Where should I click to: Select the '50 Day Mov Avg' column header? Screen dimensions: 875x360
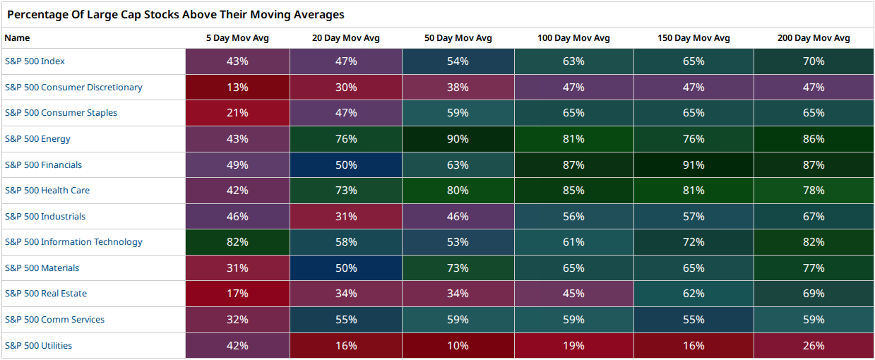[458, 38]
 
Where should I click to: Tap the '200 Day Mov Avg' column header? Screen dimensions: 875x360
[814, 38]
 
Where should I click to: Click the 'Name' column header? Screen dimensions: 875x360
[17, 38]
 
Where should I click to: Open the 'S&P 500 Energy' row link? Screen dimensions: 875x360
[37, 139]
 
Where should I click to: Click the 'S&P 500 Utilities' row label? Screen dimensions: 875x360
[38, 346]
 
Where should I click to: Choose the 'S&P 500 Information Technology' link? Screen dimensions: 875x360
[73, 242]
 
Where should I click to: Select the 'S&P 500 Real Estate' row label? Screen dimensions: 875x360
[46, 294]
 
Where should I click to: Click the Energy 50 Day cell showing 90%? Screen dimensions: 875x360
[458, 139]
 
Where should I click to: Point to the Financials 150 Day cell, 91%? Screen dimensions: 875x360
[694, 164]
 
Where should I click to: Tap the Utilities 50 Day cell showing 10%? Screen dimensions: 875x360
[458, 346]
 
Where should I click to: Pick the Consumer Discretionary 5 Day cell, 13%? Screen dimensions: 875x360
[237, 87]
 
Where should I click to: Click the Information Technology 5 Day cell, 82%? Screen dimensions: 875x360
[237, 242]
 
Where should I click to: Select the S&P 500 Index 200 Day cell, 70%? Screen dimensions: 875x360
[814, 61]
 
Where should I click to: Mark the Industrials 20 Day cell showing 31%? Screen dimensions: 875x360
[346, 216]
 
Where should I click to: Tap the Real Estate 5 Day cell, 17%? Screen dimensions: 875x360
[237, 294]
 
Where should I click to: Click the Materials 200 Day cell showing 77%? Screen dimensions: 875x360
[814, 268]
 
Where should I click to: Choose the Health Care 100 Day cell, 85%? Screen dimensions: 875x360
[574, 191]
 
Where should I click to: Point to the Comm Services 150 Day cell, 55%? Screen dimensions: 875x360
[694, 320]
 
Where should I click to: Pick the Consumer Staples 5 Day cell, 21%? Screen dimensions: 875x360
[237, 113]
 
